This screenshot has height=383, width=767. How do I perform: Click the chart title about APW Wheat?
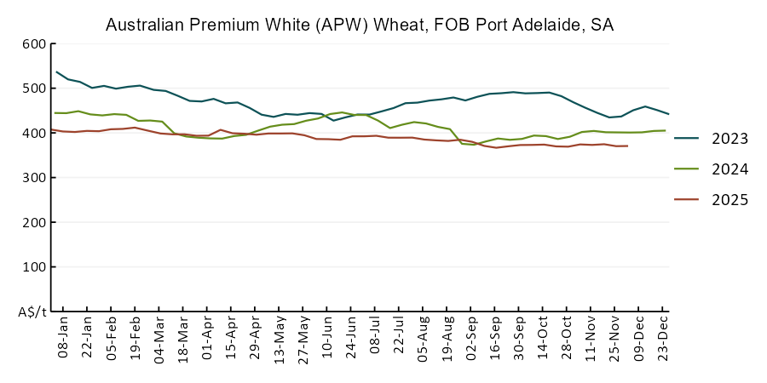pos(359,25)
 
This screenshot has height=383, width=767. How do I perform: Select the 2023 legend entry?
pos(730,139)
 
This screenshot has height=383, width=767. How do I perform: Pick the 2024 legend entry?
pos(730,169)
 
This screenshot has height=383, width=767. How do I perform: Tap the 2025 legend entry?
pos(730,200)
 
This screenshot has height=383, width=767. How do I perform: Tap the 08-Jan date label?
pos(63,340)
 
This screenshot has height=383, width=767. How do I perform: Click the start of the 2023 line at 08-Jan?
pos(56,71)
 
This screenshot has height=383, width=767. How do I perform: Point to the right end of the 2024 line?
pos(665,130)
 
